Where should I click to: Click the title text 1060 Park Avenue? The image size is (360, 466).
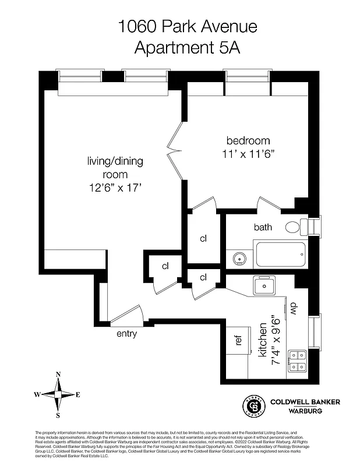point(179,26)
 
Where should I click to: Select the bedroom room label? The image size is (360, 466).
point(248,140)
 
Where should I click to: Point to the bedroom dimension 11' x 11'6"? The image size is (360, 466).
point(248,154)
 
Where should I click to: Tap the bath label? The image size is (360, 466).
point(263,227)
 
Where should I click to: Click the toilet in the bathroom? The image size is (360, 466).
point(295,227)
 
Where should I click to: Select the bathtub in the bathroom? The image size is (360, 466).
point(280,255)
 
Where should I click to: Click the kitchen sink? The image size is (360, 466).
point(264,286)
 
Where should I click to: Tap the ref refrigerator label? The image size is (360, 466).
point(238,340)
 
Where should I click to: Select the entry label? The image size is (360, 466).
point(126,334)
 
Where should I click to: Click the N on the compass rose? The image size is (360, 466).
point(58,375)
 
